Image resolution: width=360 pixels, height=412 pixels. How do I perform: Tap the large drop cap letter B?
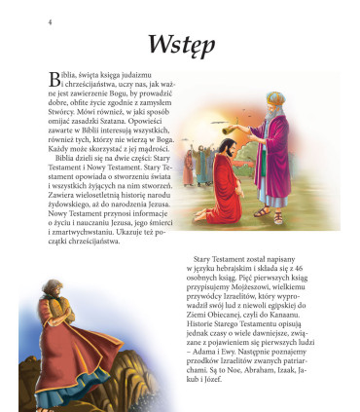54,78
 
